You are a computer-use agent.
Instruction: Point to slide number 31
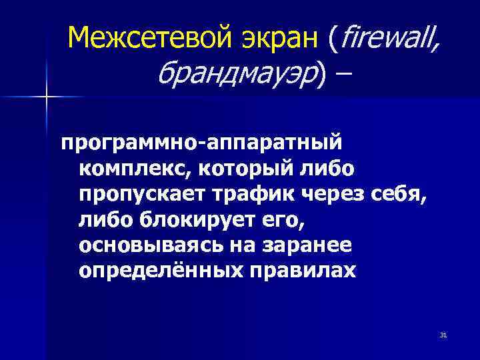point(443,334)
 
